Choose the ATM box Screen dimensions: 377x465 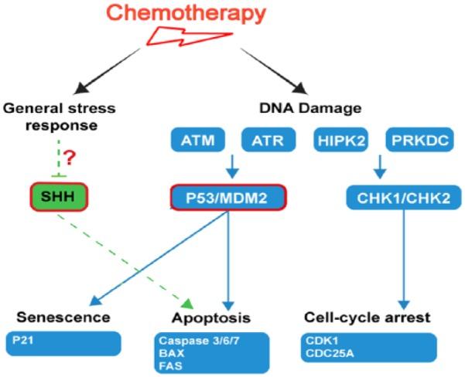(x=194, y=141)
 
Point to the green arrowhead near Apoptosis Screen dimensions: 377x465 (x=185, y=301)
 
